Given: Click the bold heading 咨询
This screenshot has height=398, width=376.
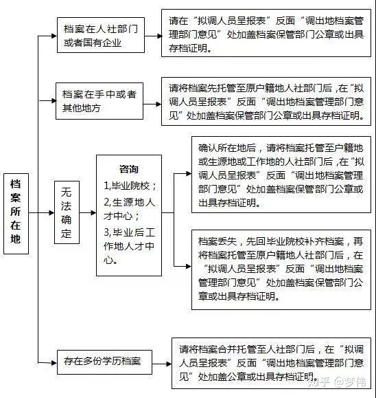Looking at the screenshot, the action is point(129,169).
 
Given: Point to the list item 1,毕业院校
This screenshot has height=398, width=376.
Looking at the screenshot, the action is point(130,186).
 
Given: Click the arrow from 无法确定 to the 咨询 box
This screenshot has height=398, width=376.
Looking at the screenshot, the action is point(88,212).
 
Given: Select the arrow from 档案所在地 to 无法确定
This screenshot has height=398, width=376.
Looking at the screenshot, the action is point(42,212).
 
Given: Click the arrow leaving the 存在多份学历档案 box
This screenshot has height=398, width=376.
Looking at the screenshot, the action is point(162,364).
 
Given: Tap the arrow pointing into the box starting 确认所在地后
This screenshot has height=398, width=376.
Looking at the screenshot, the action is point(183,173).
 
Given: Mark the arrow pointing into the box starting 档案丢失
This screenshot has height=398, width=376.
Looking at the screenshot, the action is point(183,266).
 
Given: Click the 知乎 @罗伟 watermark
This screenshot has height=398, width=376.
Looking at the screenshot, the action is point(338,382).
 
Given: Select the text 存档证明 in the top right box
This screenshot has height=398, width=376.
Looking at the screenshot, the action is point(188,48).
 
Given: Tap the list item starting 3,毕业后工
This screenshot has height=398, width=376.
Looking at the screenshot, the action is point(129,246).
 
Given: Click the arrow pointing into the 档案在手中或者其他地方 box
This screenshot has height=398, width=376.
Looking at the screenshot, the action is point(47,101).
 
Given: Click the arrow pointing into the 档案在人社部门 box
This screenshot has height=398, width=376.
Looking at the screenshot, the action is point(47,36).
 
